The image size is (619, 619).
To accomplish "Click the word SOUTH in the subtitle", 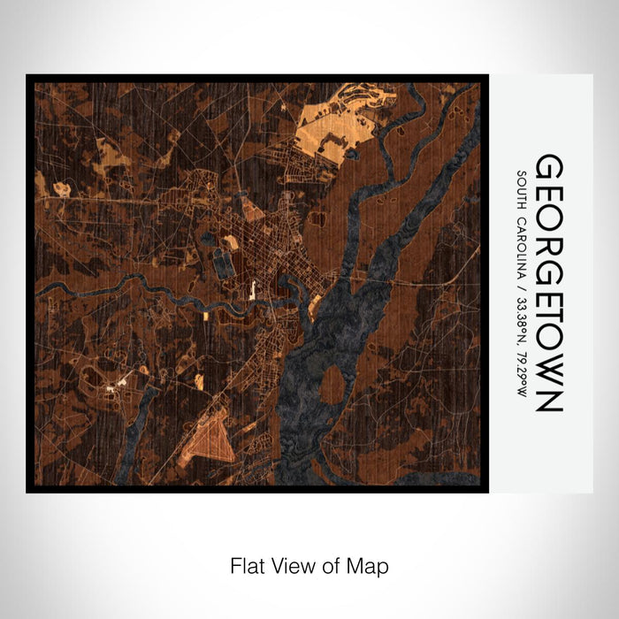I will (x=524, y=188).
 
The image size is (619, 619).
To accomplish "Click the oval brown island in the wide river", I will (x=332, y=384).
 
